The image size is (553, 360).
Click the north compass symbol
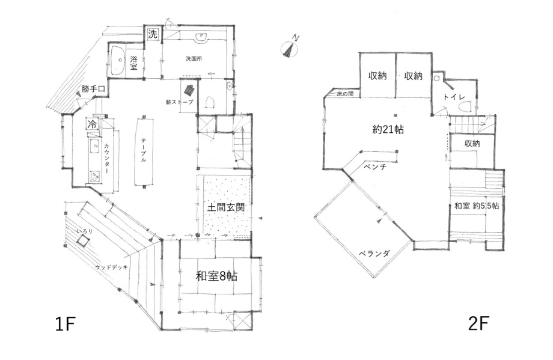[290, 48]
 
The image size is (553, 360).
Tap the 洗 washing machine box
[153, 34]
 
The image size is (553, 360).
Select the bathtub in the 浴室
[117, 60]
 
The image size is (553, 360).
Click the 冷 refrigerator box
[92, 124]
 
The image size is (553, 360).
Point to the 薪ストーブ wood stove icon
[189, 90]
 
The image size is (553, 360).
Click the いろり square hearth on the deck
[83, 241]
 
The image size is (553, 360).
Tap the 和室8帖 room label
[216, 276]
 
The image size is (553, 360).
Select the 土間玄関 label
[226, 207]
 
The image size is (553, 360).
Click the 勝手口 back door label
[93, 89]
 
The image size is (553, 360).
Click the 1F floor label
[66, 324]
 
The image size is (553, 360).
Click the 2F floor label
[478, 323]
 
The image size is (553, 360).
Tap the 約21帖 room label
[388, 130]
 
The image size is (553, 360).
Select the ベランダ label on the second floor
[374, 253]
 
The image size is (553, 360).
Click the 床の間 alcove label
[345, 94]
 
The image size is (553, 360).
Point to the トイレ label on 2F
[454, 97]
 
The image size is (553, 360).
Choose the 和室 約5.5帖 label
[477, 206]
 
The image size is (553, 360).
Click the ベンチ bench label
[375, 166]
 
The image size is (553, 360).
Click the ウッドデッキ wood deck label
[111, 267]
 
